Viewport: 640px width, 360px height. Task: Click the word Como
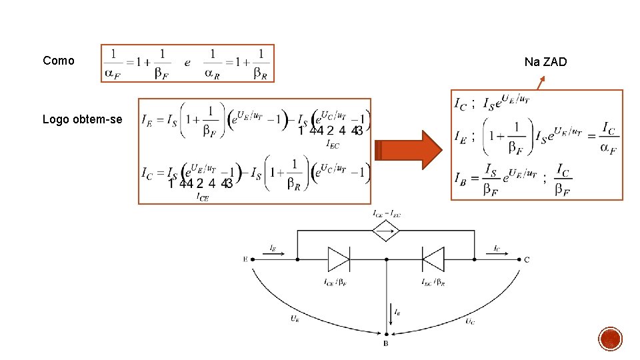coord(59,61)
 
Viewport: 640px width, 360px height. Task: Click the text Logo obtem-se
coord(82,120)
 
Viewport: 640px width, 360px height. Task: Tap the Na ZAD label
coord(545,62)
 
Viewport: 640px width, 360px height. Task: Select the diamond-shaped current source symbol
coord(387,231)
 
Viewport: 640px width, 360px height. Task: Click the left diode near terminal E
coord(339,259)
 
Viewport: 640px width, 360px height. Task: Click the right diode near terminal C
coord(433,259)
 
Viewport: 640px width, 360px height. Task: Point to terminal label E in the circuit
coord(246,259)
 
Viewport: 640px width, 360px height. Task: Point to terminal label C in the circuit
coord(527,259)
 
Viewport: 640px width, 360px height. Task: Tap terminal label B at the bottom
coord(386,343)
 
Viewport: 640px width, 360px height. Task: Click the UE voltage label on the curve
coord(294,319)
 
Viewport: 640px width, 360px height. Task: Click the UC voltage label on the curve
coord(470,322)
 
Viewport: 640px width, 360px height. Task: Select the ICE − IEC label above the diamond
coord(387,213)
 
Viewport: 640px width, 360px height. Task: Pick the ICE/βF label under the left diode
coord(335,283)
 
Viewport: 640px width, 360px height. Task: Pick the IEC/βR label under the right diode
coord(433,283)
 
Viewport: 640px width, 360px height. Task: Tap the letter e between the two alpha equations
coord(187,63)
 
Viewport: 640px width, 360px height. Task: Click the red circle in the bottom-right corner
coord(611,339)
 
